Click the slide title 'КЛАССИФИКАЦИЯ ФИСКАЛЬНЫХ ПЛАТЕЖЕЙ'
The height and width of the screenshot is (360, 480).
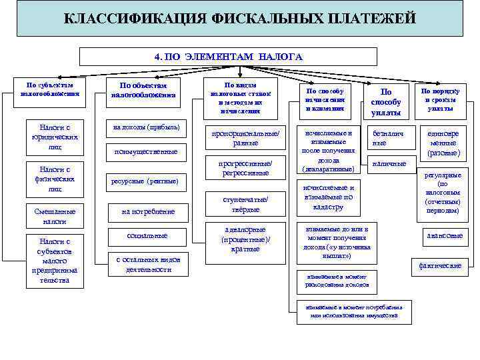239,18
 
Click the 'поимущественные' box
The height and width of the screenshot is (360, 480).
145,151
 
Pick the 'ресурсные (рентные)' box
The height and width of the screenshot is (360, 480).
144,181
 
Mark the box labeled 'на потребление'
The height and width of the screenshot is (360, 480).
148,211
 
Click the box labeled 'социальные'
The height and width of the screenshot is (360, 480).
147,236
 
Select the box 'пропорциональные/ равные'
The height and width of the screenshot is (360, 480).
245,137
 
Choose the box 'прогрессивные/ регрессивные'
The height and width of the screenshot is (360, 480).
245,168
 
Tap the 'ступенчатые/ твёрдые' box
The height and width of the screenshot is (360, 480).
245,204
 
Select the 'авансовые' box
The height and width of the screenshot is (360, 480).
445,235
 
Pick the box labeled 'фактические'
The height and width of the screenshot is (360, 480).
440,265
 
